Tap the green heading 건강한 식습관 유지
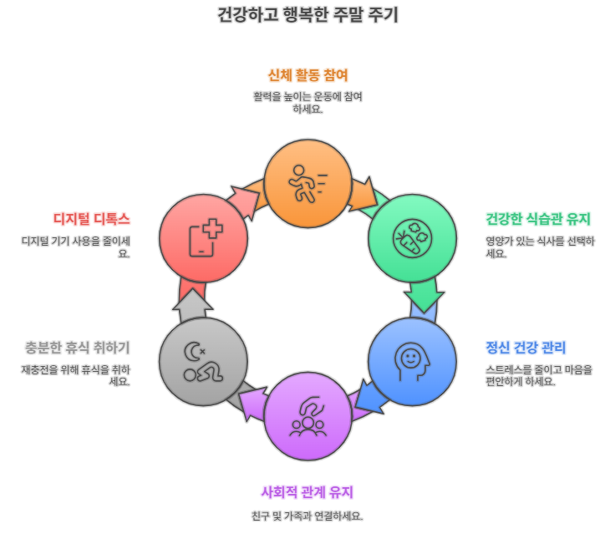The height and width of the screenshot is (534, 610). tap(538, 220)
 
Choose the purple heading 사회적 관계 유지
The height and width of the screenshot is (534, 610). tap(307, 491)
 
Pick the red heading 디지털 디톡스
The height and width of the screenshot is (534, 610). tap(91, 220)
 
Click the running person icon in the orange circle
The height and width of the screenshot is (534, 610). tap(307, 182)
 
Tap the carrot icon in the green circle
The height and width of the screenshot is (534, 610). tap(412, 237)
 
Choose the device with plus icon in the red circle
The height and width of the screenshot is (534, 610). tap(203, 237)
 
